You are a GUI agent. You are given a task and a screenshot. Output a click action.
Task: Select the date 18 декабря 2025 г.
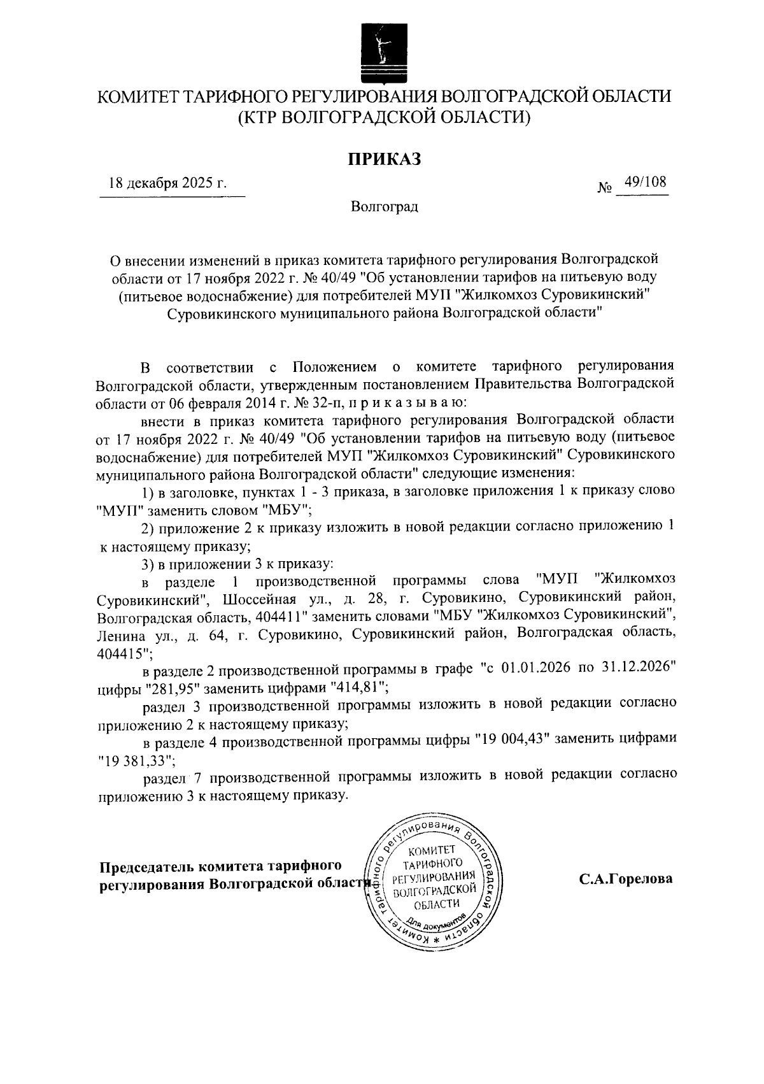click(168, 184)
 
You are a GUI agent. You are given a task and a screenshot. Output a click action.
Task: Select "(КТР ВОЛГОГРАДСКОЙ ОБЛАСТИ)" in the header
click(383, 117)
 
